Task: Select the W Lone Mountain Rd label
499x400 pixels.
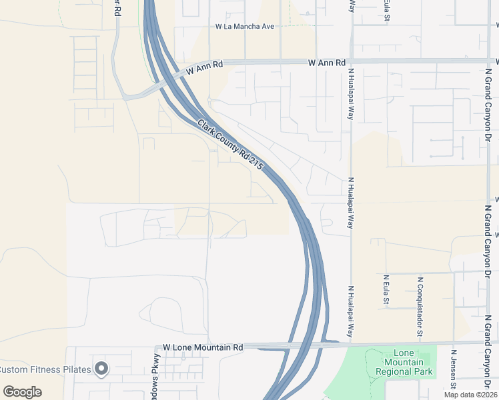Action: (203, 347)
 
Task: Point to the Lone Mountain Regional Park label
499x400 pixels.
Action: (404, 362)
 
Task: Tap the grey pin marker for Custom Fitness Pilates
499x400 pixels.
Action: (101, 368)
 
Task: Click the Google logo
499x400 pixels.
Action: (22, 392)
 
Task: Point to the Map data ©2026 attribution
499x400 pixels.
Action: (470, 395)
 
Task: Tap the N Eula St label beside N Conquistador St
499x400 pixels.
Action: (386, 290)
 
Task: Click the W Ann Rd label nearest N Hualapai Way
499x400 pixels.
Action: (327, 63)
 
